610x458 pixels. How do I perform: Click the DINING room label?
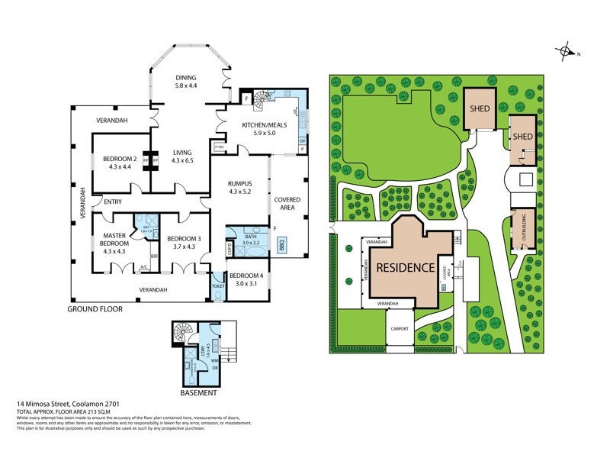[x=185, y=77]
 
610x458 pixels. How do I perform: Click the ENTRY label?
[x=113, y=202]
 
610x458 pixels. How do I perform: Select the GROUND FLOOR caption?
[x=95, y=309]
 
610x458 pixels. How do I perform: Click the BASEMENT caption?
[x=199, y=393]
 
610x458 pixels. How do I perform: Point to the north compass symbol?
[x=567, y=53]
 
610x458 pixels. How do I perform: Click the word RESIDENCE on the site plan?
[x=406, y=268]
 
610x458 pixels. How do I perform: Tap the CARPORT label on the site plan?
[x=400, y=329]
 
